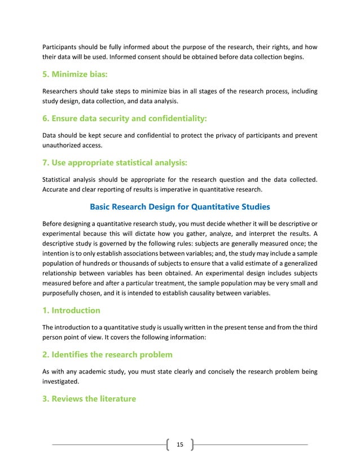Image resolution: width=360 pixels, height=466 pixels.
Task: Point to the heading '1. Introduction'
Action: pyautogui.click(x=72, y=310)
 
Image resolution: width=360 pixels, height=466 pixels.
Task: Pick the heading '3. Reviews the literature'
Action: pyautogui.click(x=89, y=399)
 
